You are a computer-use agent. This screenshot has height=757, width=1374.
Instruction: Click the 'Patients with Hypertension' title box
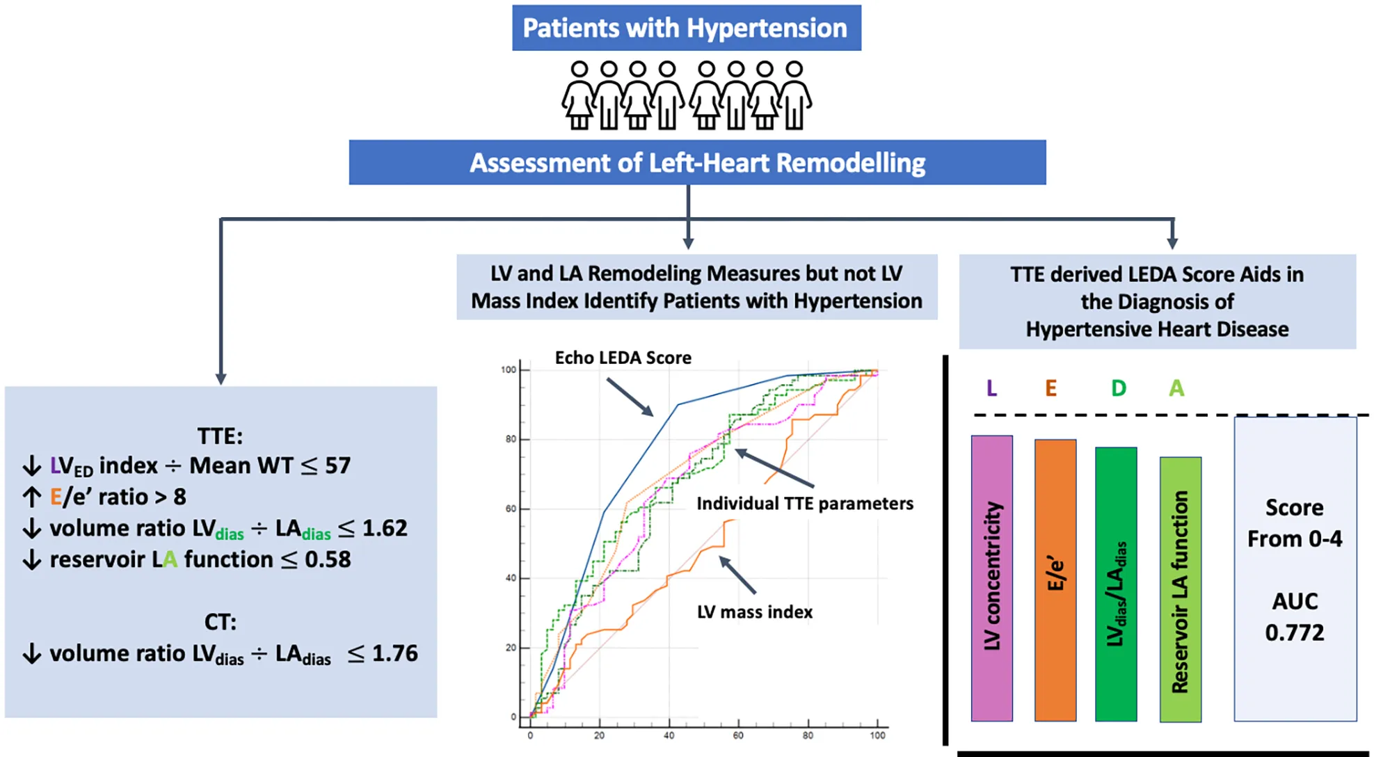click(686, 28)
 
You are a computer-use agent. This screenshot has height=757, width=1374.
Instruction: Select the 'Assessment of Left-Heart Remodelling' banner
click(697, 163)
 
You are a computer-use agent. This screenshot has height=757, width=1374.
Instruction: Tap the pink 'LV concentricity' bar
click(991, 577)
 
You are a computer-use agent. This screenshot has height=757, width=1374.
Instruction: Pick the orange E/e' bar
click(1055, 579)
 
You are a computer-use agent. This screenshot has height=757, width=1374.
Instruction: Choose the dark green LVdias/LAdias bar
click(1116, 583)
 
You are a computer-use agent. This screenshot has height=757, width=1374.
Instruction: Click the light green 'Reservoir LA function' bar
click(1180, 589)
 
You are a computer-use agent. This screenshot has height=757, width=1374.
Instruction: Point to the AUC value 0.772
click(1294, 632)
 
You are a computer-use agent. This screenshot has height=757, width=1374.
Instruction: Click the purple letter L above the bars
click(992, 388)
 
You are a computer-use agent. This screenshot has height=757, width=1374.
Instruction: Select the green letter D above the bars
click(1118, 388)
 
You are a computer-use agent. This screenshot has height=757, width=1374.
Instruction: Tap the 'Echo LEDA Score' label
click(623, 358)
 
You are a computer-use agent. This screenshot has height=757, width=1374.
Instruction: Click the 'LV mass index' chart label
click(755, 612)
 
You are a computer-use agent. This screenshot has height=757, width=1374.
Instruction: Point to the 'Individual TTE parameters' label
click(805, 504)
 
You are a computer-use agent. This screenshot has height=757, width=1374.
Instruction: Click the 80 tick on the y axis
click(511, 439)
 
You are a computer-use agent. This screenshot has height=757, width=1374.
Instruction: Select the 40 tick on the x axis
click(669, 735)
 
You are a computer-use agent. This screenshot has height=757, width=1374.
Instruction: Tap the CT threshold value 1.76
click(394, 653)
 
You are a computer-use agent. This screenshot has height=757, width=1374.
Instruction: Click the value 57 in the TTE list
click(338, 465)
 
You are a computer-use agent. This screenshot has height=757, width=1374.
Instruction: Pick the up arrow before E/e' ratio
click(32, 497)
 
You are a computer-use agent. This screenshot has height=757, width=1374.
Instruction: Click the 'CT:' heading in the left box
click(221, 621)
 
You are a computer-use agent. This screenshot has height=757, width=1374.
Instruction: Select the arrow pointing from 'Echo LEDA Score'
click(630, 397)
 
